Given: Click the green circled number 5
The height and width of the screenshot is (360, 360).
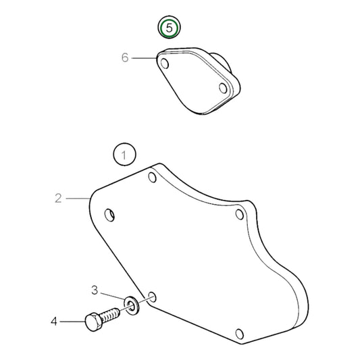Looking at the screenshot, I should pos(170,28).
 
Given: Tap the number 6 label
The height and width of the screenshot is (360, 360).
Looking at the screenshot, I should pos(125,58).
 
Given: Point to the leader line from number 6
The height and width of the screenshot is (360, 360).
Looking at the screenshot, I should pos(144,58).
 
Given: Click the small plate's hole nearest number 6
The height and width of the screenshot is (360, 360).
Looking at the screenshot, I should pos(164,63).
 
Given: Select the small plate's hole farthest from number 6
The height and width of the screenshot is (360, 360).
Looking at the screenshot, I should pos(224,87).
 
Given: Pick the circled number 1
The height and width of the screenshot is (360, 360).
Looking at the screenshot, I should pos(124,156).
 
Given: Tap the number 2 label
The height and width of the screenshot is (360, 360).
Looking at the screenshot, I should pos(58,198).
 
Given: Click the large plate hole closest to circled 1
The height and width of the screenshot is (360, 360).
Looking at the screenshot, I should pos(153,178).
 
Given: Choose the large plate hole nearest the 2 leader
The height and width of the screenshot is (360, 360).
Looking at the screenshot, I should pos(111,215).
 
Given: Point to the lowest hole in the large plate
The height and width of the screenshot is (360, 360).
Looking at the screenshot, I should pos(237,333).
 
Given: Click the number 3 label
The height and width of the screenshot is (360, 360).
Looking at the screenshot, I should pos(95,290).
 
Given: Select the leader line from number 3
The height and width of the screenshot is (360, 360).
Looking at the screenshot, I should pos(111,294).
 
